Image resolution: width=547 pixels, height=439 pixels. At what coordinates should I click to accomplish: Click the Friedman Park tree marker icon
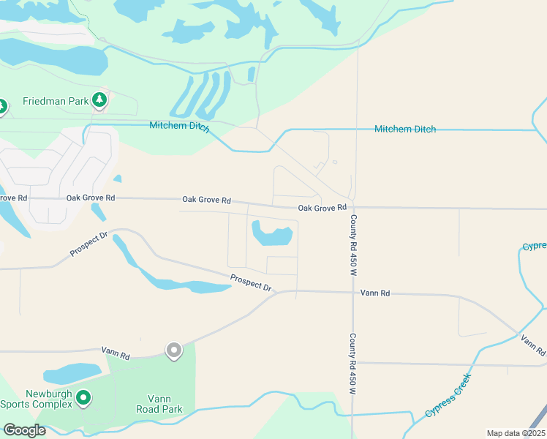coord(99,101)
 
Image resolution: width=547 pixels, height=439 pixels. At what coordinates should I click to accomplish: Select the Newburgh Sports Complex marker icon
coord(84,398)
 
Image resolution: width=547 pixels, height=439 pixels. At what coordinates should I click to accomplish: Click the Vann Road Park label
coord(159,404)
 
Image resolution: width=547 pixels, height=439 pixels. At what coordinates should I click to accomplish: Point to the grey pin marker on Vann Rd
coord(173,350)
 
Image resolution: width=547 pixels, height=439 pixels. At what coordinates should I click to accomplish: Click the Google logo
coord(24,430)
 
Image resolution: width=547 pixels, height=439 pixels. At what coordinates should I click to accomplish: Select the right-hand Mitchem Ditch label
coord(405,129)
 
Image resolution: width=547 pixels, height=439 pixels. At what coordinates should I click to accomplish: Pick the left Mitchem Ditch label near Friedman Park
coord(180,126)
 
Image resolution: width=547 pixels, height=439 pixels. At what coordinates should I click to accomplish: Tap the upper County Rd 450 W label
coord(352,245)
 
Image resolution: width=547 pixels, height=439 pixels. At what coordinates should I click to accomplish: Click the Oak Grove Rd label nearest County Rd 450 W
coord(322,209)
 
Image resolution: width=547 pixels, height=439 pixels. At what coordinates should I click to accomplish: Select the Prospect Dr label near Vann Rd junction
coord(251,282)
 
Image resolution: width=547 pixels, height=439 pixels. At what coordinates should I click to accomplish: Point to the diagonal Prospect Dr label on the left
coord(88,244)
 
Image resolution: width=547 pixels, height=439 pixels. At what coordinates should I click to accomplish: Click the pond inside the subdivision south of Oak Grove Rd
coord(272,235)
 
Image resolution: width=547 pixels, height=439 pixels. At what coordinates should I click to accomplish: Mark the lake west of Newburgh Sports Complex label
coord(71,373)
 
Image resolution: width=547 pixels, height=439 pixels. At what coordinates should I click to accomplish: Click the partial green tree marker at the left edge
coord(2,108)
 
